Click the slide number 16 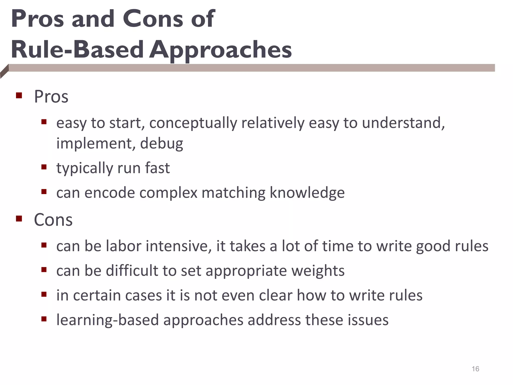pyautogui.click(x=475, y=369)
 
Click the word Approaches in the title pyautogui.click(x=220, y=50)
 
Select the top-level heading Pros pyautogui.click(x=51, y=97)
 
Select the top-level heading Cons pyautogui.click(x=53, y=220)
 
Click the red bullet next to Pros pyautogui.click(x=19, y=95)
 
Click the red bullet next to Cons pyautogui.click(x=19, y=219)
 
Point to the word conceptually pyautogui.click(x=193, y=123)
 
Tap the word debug pyautogui.click(x=162, y=144)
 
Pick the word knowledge pyautogui.click(x=307, y=193)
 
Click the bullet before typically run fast pyautogui.click(x=44, y=167)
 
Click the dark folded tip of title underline pyautogui.click(x=4, y=72)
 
